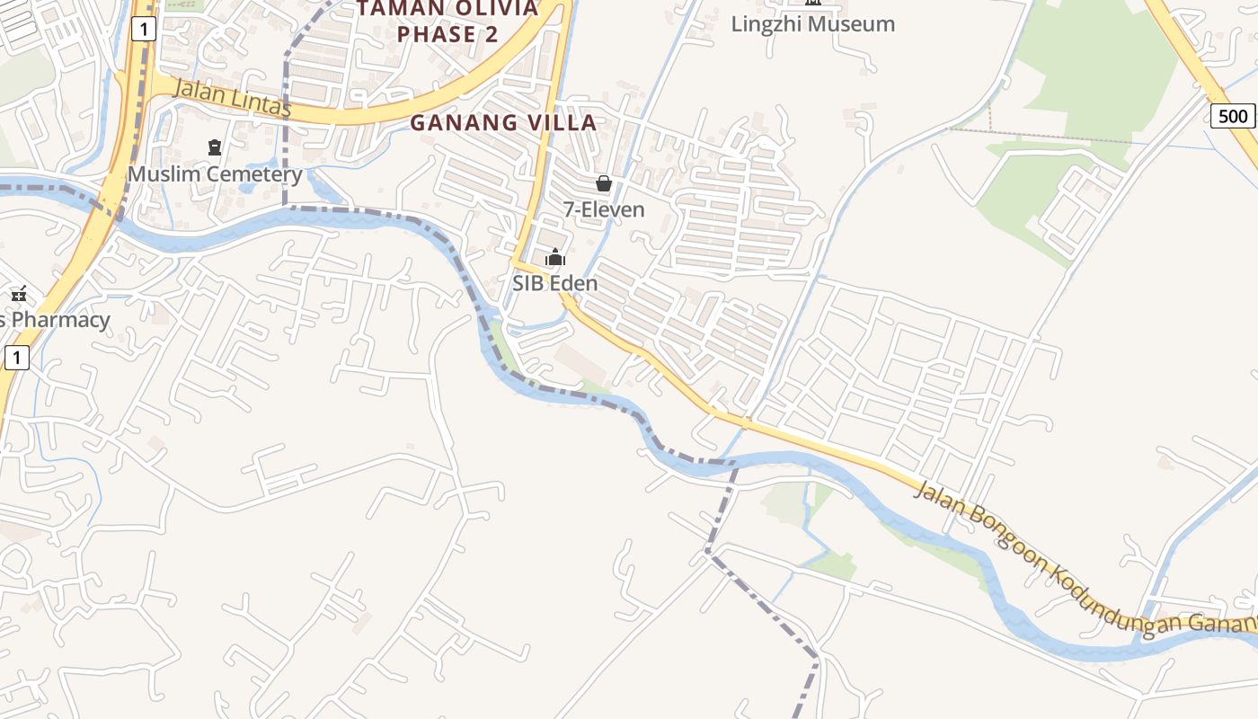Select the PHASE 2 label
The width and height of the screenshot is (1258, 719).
[x=447, y=34]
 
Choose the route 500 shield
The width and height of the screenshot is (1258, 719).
[x=1233, y=116]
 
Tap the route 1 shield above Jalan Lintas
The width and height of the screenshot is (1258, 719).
[x=144, y=30]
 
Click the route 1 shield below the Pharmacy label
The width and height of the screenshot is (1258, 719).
[x=17, y=359]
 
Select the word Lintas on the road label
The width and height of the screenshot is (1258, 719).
[x=261, y=104]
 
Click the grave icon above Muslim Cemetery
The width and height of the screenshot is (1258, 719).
[x=214, y=146]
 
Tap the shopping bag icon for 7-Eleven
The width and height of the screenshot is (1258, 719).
[x=604, y=184]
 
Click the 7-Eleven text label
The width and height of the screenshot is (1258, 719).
[x=604, y=210]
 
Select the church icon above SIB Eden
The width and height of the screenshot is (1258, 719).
[x=555, y=259]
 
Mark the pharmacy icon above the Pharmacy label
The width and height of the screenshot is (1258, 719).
[x=19, y=294]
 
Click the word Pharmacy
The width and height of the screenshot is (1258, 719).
[x=60, y=320]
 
